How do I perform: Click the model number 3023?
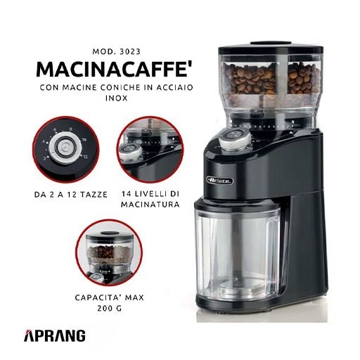pyautogui.click(x=130, y=51)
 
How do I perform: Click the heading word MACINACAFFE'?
pyautogui.click(x=112, y=70)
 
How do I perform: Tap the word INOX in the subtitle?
pyautogui.click(x=116, y=98)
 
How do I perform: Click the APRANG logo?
pyautogui.click(x=55, y=335)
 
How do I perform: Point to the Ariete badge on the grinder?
pyautogui.click(x=220, y=181)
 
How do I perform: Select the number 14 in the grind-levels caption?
pyautogui.click(x=127, y=194)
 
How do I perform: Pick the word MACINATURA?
pyautogui.click(x=150, y=205)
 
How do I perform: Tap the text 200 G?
pyautogui.click(x=110, y=308)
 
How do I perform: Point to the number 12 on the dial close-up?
pyautogui.click(x=86, y=157)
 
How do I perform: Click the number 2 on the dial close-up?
pyautogui.click(x=45, y=159)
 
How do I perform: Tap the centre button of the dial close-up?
pyautogui.click(x=64, y=148)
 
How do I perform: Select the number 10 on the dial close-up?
pyautogui.click(x=84, y=140)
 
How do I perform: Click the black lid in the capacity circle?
pyautogui.click(x=109, y=233)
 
